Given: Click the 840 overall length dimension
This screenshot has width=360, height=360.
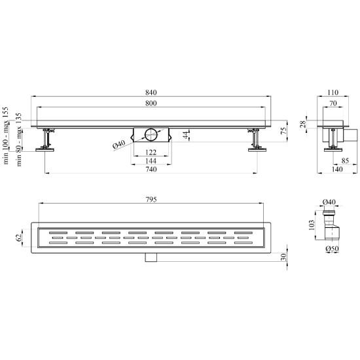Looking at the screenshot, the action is pyautogui.click(x=151, y=92).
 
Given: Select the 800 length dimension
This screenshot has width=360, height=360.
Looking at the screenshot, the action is pyautogui.click(x=151, y=103).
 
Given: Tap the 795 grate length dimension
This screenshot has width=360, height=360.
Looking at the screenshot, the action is pyautogui.click(x=151, y=199).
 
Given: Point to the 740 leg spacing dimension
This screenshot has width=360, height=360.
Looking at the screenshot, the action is pyautogui.click(x=151, y=170).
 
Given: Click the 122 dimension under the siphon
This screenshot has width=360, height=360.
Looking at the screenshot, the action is pyautogui.click(x=151, y=153).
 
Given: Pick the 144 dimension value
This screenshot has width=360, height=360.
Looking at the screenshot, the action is pyautogui.click(x=151, y=161).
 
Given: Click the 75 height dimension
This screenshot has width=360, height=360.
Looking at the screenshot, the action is pyautogui.click(x=283, y=131).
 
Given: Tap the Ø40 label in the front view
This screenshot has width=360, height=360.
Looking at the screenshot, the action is pyautogui.click(x=119, y=145).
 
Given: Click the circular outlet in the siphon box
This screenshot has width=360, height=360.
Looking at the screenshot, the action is pyautogui.click(x=151, y=135).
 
